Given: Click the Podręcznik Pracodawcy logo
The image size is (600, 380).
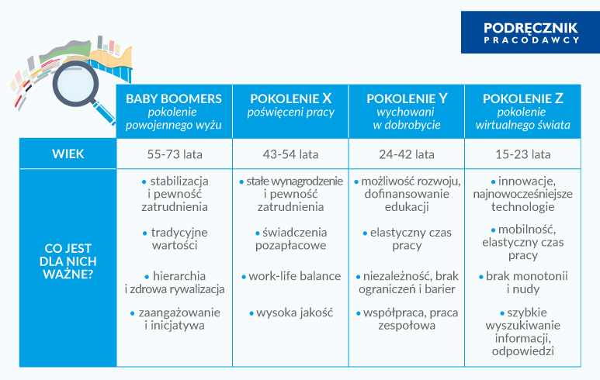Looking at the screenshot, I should point(531,32).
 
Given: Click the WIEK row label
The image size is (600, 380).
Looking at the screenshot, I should point(68,154).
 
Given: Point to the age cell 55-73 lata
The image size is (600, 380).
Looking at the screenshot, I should point(174,154).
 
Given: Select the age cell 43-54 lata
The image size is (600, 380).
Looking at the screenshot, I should point(290,154).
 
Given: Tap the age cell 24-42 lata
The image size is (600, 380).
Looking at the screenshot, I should point(407,154).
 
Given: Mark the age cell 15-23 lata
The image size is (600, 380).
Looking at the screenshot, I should point(522,154).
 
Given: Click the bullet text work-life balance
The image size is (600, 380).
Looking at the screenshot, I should point(290,276).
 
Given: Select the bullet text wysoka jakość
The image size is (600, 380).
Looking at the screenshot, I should point(290,313).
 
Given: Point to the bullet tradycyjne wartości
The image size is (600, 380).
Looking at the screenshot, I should point(174,239).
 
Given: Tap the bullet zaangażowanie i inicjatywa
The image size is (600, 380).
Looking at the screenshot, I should point(174,319).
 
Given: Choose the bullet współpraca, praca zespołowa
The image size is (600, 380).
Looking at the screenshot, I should point(407,319).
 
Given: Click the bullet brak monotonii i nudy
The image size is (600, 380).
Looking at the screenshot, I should point(522,282).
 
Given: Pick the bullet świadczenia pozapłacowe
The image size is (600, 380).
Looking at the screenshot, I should point(290,239).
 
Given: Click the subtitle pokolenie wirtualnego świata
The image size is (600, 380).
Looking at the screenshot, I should point(522,118).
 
